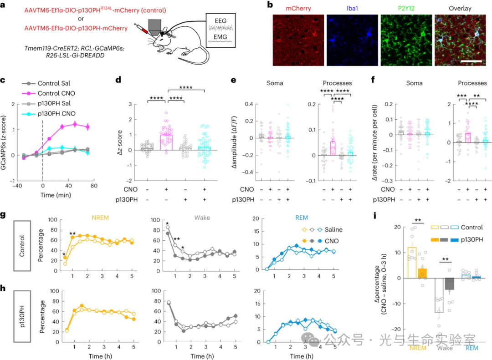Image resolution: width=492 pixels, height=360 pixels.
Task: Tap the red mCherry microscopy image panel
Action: tap(298, 41)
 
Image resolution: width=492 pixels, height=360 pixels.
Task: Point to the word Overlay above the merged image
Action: tap(460, 8)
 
